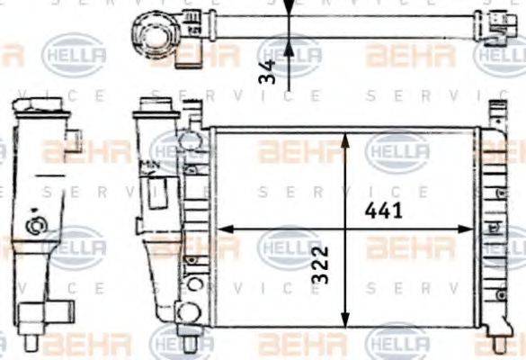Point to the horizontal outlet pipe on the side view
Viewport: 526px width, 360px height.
point(56,312)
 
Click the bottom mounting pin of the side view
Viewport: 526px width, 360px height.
point(31,343)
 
